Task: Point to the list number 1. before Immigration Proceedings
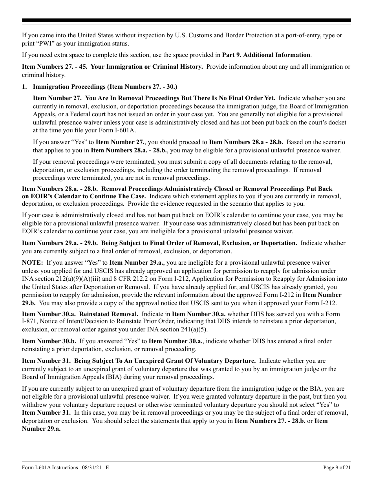(24, 86)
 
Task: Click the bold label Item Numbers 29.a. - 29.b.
(51, 243)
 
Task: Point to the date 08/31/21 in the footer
(92, 467)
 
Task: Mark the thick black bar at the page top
(186, 20)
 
